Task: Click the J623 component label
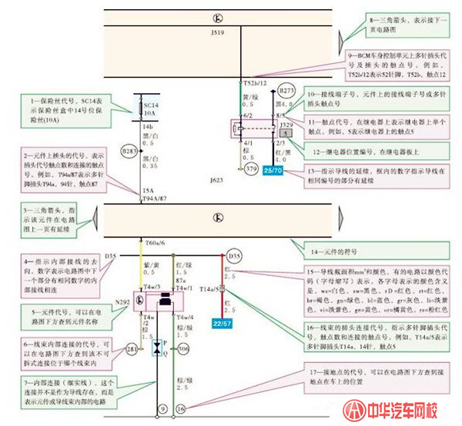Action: point(216,181)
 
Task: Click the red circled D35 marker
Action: point(234,254)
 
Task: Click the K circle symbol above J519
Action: point(219,17)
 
